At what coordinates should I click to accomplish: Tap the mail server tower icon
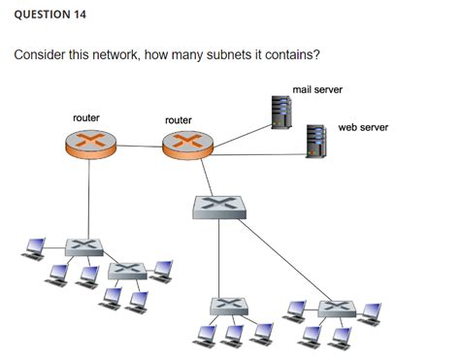tap(281, 113)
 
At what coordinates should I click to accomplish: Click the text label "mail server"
tap(316, 89)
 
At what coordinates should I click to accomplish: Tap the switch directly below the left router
tap(84, 245)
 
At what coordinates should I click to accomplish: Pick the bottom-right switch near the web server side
tap(336, 308)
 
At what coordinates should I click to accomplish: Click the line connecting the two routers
tap(137, 147)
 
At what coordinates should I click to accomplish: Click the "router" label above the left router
tap(86, 117)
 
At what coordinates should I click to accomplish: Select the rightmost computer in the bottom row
tap(371, 314)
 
